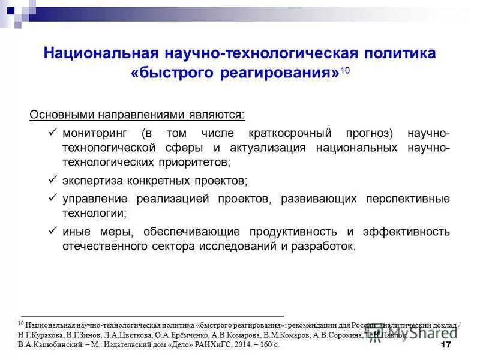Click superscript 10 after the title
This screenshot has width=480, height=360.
[x=344, y=71]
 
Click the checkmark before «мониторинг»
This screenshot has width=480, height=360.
[x=52, y=131]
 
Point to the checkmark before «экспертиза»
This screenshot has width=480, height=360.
[x=52, y=179]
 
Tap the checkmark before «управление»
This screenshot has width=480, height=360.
[x=52, y=197]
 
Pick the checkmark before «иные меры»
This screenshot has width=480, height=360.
[x=52, y=231]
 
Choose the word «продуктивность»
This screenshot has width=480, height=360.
[x=292, y=232]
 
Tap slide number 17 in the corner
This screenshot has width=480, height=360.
[x=445, y=345]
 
